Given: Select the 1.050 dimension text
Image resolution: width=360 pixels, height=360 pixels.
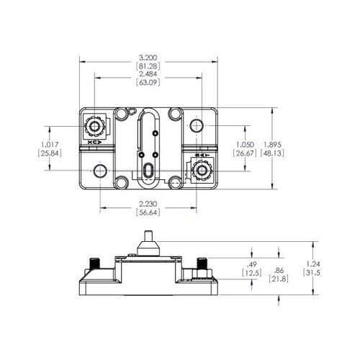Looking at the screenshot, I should coord(245,143).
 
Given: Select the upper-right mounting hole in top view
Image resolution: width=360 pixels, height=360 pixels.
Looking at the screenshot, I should coord(197,126).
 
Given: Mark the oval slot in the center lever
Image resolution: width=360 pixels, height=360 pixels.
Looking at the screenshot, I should coord(147,171).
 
